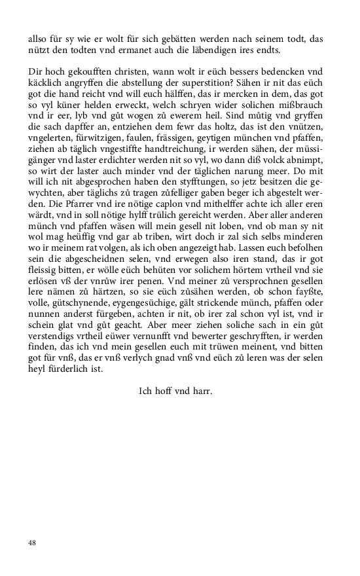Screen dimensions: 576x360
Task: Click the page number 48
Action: pyautogui.click(x=32, y=543)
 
